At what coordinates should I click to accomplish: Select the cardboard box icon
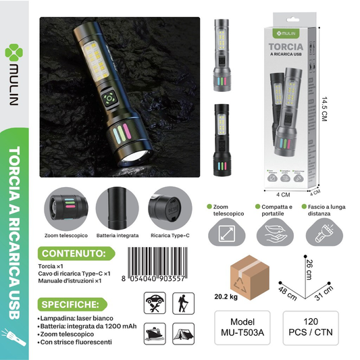(249, 275)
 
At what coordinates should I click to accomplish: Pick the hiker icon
(181, 303)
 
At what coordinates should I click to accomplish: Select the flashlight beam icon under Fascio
(322, 234)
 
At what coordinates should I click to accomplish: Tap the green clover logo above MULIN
(17, 52)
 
